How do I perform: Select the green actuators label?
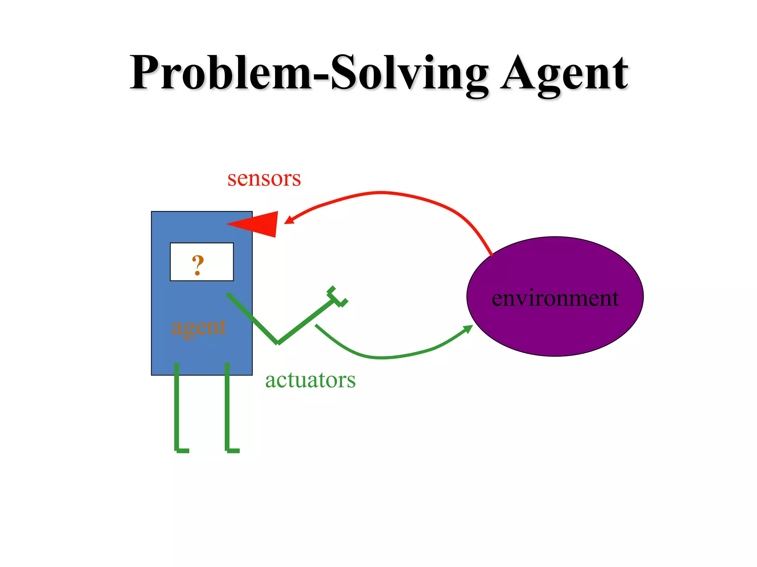click(310, 380)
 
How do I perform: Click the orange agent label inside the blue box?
click(199, 327)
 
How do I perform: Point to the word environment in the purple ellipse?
click(555, 298)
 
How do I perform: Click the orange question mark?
click(198, 265)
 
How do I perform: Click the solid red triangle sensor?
click(259, 224)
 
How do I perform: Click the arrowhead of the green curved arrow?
click(468, 328)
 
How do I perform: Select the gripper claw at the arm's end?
click(336, 297)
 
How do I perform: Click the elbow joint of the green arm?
click(278, 343)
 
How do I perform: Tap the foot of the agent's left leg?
click(182, 450)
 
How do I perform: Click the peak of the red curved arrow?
click(381, 192)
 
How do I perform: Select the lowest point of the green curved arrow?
click(383, 358)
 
